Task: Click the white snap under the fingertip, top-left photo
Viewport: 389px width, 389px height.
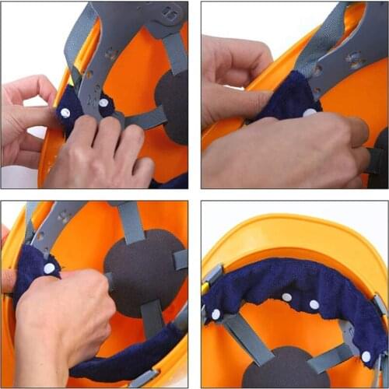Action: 65,113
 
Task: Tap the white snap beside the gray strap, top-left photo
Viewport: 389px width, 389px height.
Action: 103,102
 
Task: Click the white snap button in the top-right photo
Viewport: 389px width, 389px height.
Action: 310,113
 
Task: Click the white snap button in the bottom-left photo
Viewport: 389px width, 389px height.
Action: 49,268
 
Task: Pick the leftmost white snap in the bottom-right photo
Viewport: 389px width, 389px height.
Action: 216,314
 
